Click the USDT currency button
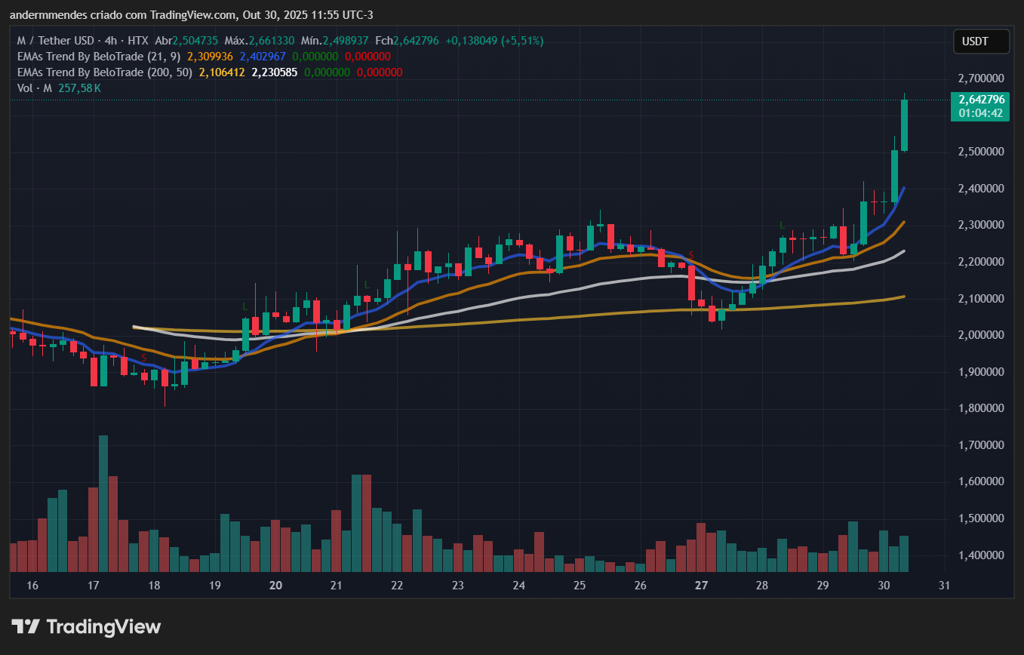pos(981,42)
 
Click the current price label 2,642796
pos(980,100)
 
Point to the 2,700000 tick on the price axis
pos(980,78)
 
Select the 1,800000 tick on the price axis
pos(980,408)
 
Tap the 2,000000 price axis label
pos(980,335)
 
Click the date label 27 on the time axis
pos(701,586)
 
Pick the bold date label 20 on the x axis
pos(275,586)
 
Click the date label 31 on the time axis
pos(943,586)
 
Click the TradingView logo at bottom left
pos(86,626)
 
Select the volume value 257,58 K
pos(79,88)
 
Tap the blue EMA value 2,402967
pos(263,57)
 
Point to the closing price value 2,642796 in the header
pos(423,40)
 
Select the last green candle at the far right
pos(904,125)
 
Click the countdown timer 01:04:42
pos(980,113)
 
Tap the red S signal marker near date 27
pos(690,255)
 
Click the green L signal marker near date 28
pos(783,225)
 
